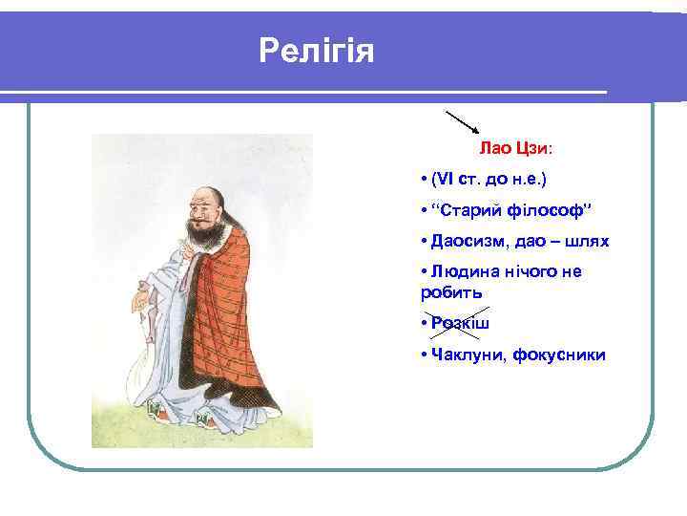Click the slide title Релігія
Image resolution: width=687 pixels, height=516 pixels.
click(x=317, y=50)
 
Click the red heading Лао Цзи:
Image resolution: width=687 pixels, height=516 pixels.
click(x=515, y=149)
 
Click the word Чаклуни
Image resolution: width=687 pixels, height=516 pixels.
click(x=467, y=355)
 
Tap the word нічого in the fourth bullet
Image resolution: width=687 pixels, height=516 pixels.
click(x=543, y=271)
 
